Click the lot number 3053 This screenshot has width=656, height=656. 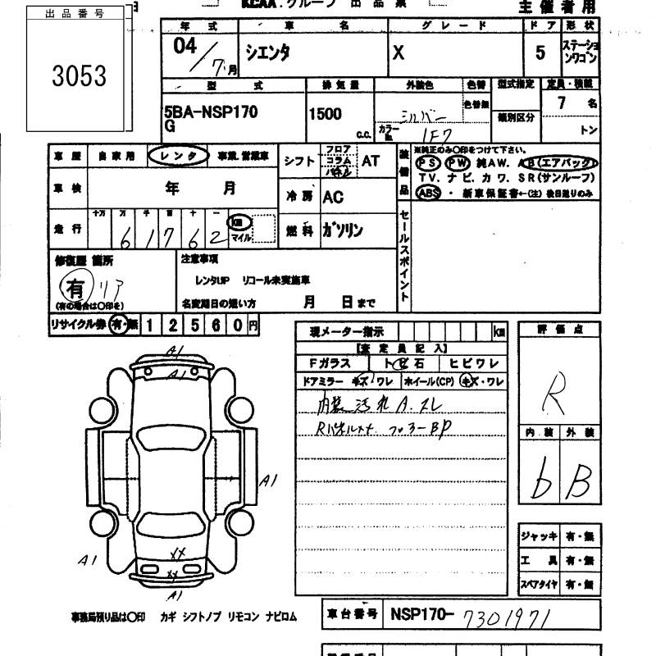tap(79, 76)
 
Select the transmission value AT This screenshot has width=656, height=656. tap(371, 161)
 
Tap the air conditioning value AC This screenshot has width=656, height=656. tap(333, 197)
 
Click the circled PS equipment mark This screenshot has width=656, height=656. tap(428, 162)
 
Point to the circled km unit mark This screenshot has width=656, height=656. tap(238, 222)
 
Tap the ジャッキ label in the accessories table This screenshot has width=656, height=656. tap(538, 535)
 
